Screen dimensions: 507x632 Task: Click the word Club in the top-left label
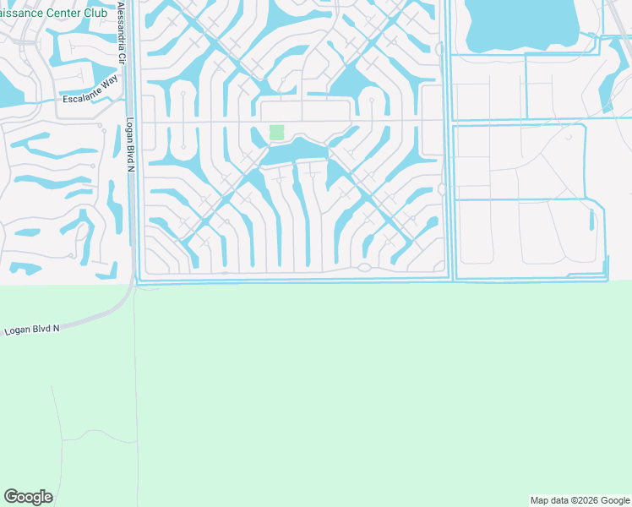pyautogui.click(x=94, y=12)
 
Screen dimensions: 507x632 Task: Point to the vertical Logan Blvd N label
pyautogui.click(x=130, y=144)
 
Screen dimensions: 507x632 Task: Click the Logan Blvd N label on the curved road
pyautogui.click(x=32, y=329)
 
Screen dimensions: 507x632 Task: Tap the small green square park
pyautogui.click(x=276, y=133)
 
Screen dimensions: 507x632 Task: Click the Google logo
pyautogui.click(x=28, y=497)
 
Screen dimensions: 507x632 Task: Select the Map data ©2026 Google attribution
pyautogui.click(x=579, y=500)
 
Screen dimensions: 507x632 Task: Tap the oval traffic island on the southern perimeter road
pyautogui.click(x=363, y=268)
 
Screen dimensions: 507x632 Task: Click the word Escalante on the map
pyautogui.click(x=80, y=100)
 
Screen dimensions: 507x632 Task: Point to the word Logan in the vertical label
pyautogui.click(x=130, y=128)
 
